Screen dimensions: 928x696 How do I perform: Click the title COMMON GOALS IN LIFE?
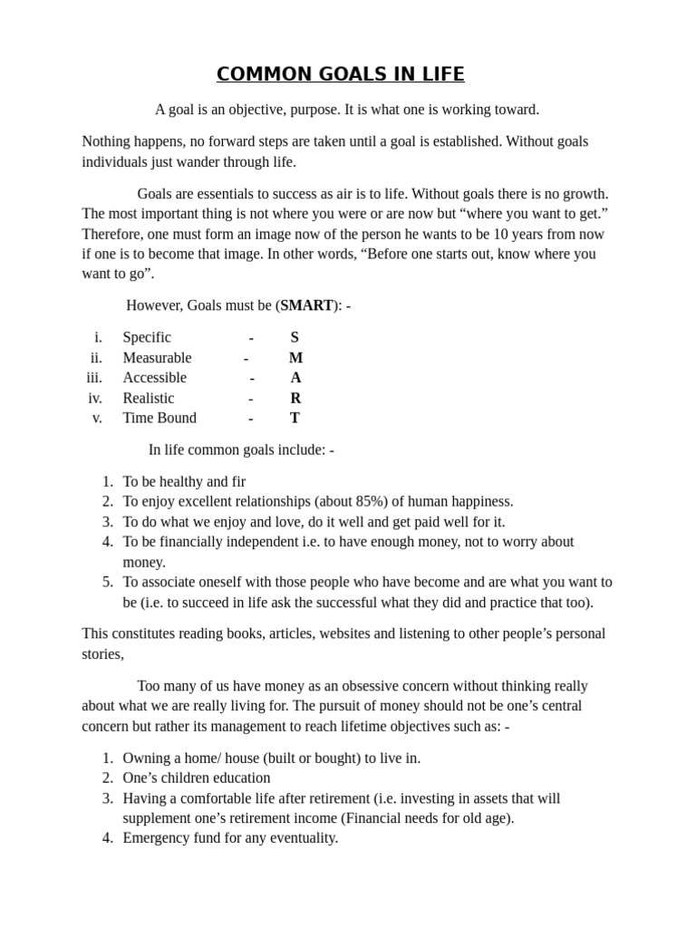click(x=340, y=74)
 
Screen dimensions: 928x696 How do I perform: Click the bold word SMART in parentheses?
click(x=306, y=305)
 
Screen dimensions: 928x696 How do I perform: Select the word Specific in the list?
click(x=147, y=337)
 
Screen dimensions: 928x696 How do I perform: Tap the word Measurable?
click(x=157, y=358)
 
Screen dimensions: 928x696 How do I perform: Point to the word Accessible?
click(x=154, y=378)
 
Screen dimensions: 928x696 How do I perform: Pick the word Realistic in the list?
click(x=149, y=398)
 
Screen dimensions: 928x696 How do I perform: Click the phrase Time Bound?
click(x=159, y=418)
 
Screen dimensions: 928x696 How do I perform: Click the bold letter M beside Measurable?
click(x=295, y=358)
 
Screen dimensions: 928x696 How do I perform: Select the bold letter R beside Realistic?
click(x=295, y=398)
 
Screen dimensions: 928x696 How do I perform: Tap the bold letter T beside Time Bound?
click(x=295, y=418)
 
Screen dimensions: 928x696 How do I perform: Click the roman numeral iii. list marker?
click(x=94, y=378)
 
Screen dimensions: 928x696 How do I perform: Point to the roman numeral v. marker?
click(x=97, y=418)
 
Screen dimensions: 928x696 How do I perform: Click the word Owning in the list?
click(x=146, y=759)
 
